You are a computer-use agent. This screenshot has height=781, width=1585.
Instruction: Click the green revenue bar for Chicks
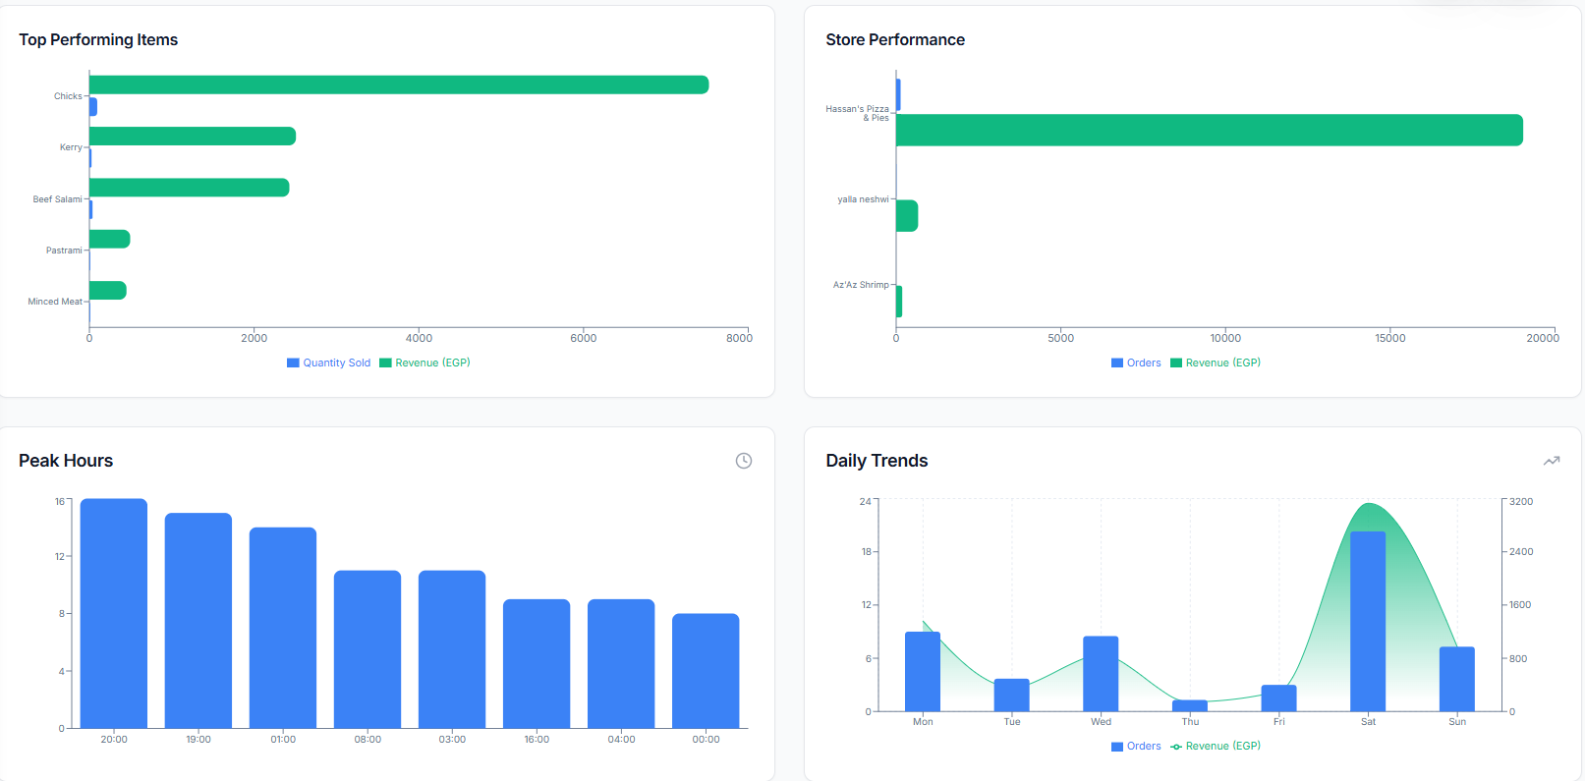[x=398, y=84]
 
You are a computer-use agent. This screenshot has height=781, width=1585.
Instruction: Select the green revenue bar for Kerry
[x=192, y=136]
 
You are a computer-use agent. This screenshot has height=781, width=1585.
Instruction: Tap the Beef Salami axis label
[x=57, y=199]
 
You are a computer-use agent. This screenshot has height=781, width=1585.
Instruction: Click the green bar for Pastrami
[x=109, y=239]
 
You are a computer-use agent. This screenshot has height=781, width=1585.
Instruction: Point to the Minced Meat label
[x=55, y=302]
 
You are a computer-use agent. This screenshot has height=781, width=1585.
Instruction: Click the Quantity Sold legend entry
[x=328, y=363]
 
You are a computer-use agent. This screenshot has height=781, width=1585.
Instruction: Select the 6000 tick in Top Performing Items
[x=583, y=338]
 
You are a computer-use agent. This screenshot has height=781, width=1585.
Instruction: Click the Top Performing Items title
[x=98, y=39]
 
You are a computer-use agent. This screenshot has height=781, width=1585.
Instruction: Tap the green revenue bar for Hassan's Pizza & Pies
[x=1209, y=130]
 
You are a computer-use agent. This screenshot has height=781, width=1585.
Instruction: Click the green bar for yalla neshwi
[x=906, y=216]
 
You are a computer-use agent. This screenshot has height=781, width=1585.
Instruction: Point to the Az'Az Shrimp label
[x=861, y=285]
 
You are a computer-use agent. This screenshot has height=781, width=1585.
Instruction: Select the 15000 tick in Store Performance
[x=1389, y=338]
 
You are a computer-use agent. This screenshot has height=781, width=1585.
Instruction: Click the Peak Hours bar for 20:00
[x=114, y=613]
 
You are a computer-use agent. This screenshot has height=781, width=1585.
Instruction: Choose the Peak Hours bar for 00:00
[x=706, y=670]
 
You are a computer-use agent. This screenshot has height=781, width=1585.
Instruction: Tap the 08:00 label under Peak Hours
[x=368, y=740]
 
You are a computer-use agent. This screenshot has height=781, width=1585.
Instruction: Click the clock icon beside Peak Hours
[x=744, y=461]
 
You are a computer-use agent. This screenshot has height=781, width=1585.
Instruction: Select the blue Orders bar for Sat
[x=1368, y=621]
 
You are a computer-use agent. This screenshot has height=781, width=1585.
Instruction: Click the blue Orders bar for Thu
[x=1190, y=705]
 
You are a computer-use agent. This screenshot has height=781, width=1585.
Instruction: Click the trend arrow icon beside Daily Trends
[x=1552, y=461]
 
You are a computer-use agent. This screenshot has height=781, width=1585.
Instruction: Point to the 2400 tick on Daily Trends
[x=1520, y=552]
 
